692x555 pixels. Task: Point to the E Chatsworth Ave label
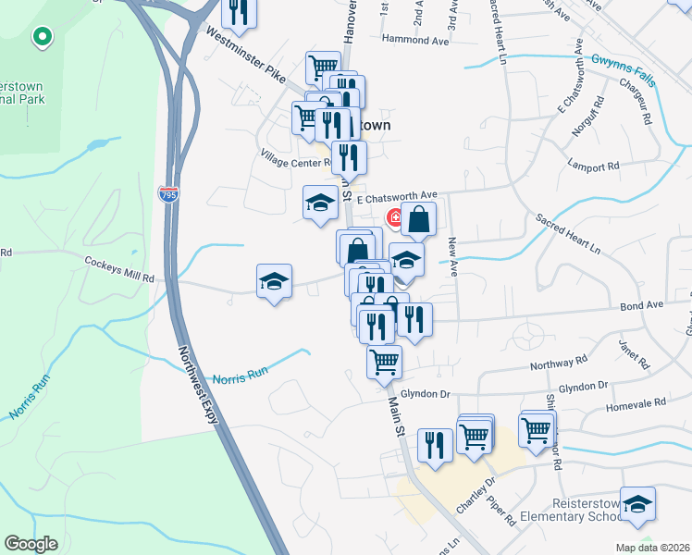pos(397,196)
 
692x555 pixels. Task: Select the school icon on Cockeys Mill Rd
pos(274,280)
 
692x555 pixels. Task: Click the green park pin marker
pos(41,38)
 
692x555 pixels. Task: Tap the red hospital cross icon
pos(393,218)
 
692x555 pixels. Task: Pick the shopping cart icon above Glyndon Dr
pos(384,362)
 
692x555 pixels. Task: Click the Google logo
pos(31,544)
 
